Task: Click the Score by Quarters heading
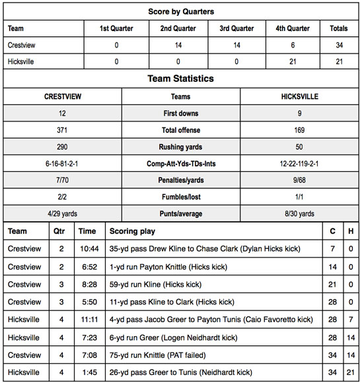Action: [180, 12]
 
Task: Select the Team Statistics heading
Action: [180, 79]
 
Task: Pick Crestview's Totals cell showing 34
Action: [339, 45]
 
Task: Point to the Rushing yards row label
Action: [181, 147]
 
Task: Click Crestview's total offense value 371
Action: [62, 130]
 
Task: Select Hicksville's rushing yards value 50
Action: [299, 147]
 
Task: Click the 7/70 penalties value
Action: [62, 181]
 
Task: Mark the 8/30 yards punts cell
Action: [299, 214]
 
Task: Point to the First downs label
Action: [181, 114]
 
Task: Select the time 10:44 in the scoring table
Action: [88, 248]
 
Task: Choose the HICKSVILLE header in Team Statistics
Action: [299, 96]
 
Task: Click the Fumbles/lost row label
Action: [181, 197]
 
